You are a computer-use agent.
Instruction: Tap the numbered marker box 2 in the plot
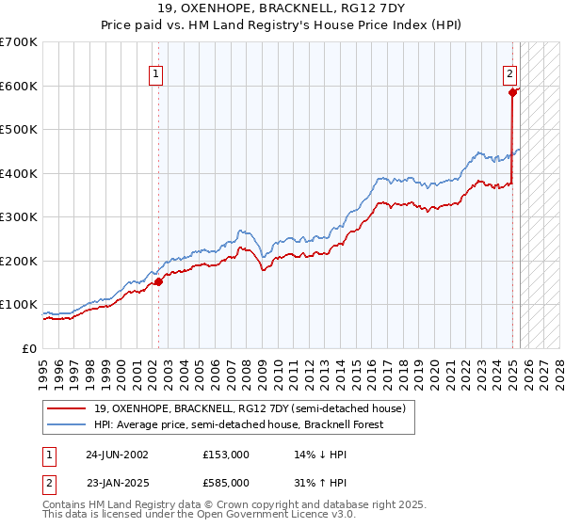[x=508, y=76]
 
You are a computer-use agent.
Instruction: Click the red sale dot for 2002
[x=158, y=280]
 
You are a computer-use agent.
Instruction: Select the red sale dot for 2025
[x=512, y=92]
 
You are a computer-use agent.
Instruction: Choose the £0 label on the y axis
[x=28, y=348]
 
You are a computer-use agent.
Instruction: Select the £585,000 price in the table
[x=226, y=482]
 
